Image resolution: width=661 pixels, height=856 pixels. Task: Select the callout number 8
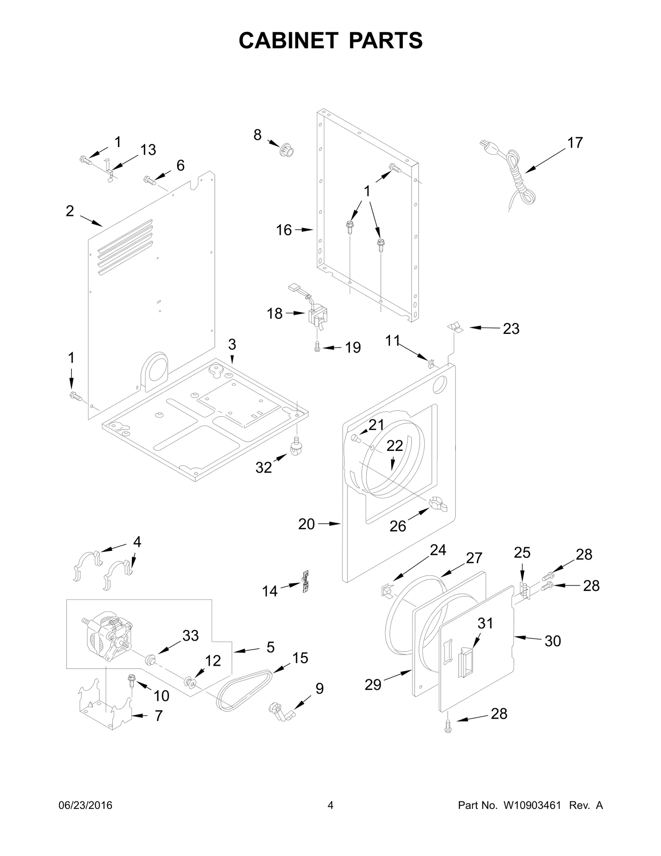point(257,135)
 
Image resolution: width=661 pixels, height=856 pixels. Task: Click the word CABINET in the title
point(289,41)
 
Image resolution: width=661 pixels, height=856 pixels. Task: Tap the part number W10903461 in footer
point(532,817)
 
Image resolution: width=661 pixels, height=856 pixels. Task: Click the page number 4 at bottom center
point(330,817)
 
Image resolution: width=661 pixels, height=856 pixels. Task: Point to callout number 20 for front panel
point(307,524)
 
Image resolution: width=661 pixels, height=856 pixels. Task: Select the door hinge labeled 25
point(525,591)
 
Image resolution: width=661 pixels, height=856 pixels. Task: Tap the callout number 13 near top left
point(147,150)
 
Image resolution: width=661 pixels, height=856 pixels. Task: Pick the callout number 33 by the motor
point(190,635)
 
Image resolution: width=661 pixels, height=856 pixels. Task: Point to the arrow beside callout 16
point(306,230)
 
